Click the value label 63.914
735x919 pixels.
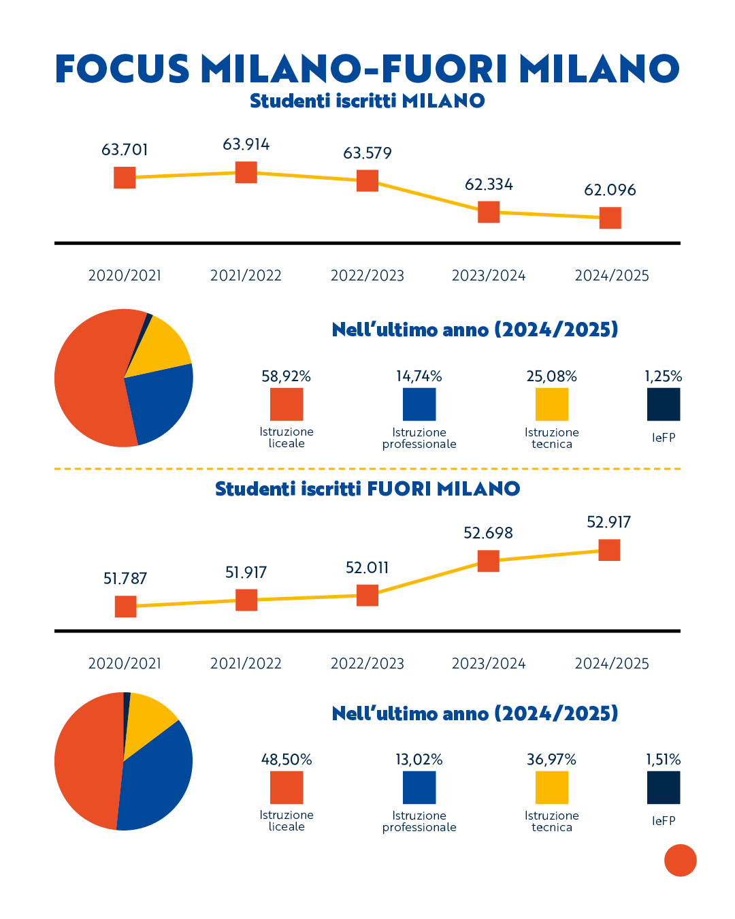pyautogui.click(x=246, y=144)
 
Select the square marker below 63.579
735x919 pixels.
pyautogui.click(x=367, y=180)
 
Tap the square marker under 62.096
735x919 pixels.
pyautogui.click(x=610, y=218)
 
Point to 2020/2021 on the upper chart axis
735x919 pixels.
pyautogui.click(x=125, y=276)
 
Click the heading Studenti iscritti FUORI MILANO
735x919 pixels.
pyautogui.click(x=367, y=489)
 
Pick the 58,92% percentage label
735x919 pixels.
pyautogui.click(x=286, y=376)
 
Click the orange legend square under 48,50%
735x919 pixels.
pyautogui.click(x=287, y=788)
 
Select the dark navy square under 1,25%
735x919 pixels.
pyautogui.click(x=664, y=404)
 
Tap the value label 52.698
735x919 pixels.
pyautogui.click(x=488, y=533)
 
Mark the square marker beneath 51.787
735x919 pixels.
pyautogui.click(x=125, y=606)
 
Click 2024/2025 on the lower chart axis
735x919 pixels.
pyautogui.click(x=612, y=664)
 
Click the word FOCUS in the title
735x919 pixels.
pyautogui.click(x=122, y=69)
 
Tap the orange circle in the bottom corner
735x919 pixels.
pyautogui.click(x=681, y=860)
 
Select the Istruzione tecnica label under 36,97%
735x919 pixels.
pyautogui.click(x=552, y=821)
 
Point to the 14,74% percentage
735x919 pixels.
pyautogui.click(x=419, y=376)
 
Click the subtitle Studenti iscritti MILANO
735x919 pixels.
pyautogui.click(x=367, y=101)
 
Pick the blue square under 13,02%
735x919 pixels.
pyautogui.click(x=419, y=788)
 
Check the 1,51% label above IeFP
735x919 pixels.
pyautogui.click(x=664, y=760)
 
